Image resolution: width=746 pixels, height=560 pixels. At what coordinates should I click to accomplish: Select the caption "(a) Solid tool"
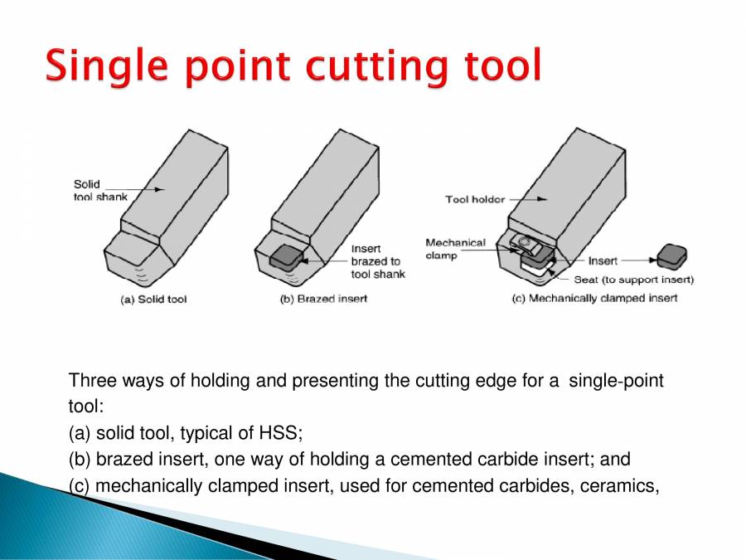point(149,299)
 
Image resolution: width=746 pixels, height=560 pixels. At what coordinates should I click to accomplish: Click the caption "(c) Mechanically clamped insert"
point(594,298)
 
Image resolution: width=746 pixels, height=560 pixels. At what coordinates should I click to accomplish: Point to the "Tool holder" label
point(475,199)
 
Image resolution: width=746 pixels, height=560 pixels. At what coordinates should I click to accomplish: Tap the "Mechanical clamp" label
point(455,249)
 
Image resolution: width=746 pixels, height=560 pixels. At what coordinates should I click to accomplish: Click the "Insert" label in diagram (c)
point(603,261)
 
